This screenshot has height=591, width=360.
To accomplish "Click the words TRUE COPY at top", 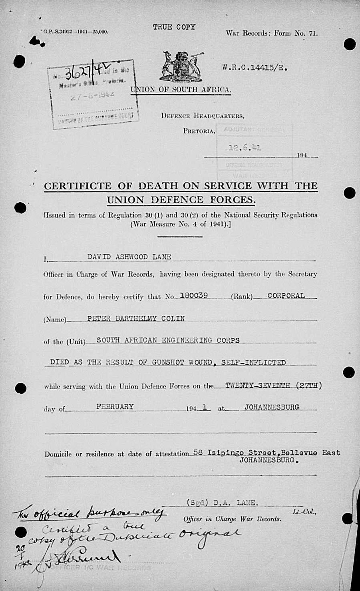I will [174, 27].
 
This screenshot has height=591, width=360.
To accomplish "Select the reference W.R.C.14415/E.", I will [255, 68].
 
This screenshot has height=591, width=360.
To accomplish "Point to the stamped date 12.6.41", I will [245, 147].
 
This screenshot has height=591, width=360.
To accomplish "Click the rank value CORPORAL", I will [286, 296].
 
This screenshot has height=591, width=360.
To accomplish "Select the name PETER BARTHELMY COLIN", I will [136, 318].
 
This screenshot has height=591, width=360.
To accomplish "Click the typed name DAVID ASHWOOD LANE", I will [129, 257].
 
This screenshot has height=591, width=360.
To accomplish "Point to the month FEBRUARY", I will [115, 406].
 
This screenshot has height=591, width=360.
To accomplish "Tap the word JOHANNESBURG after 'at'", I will [272, 408].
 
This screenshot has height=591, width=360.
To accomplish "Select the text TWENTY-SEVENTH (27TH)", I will [273, 386].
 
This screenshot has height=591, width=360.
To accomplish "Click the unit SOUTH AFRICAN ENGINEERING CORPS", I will [168, 340].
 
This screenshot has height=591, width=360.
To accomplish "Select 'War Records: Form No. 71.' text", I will [272, 34].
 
